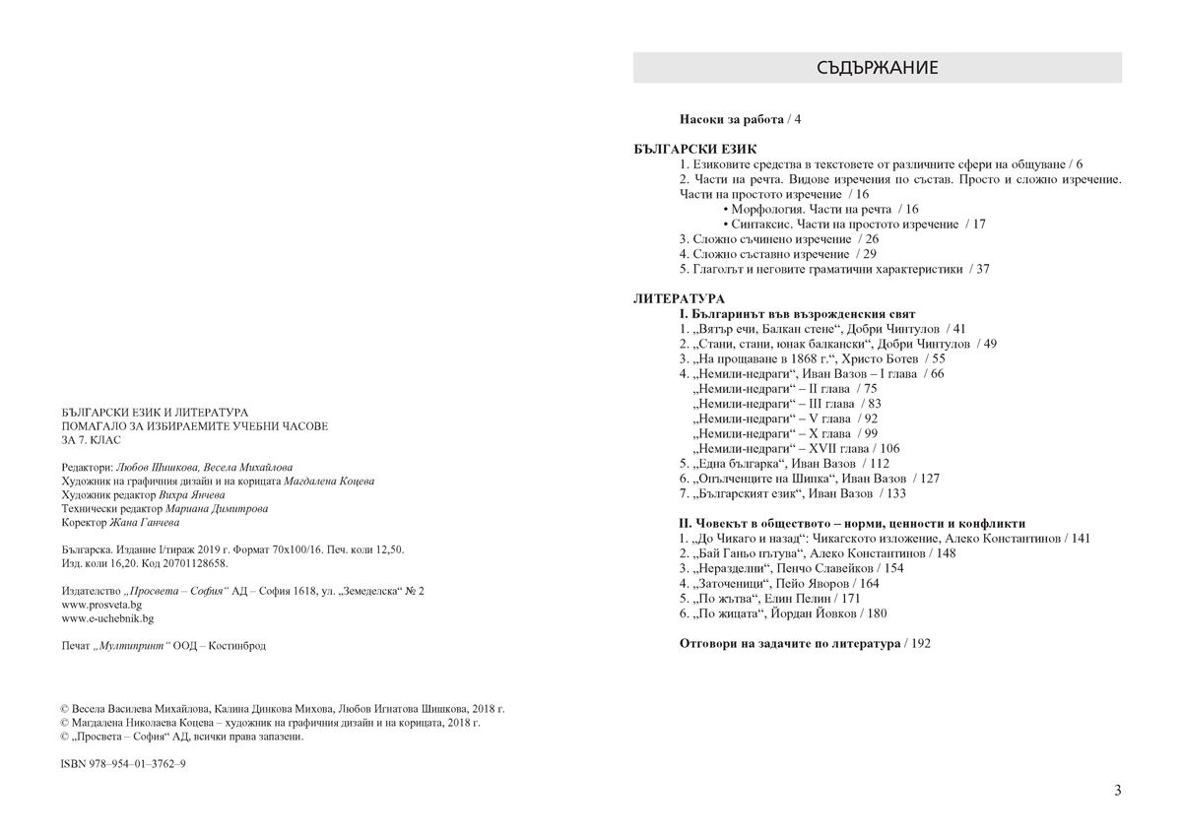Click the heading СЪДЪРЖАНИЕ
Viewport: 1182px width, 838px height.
[877, 68]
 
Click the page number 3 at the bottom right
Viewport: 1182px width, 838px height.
[1117, 790]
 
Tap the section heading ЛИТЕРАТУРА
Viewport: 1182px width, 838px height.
[679, 298]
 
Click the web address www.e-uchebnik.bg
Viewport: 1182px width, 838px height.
[107, 618]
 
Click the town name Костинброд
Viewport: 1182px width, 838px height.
[237, 646]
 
